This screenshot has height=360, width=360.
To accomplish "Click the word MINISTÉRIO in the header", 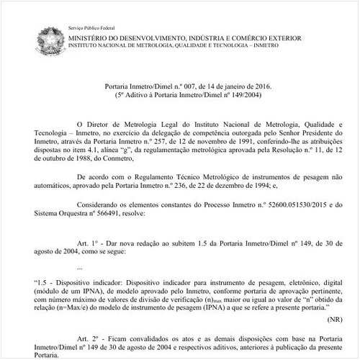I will tap(94, 37).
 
